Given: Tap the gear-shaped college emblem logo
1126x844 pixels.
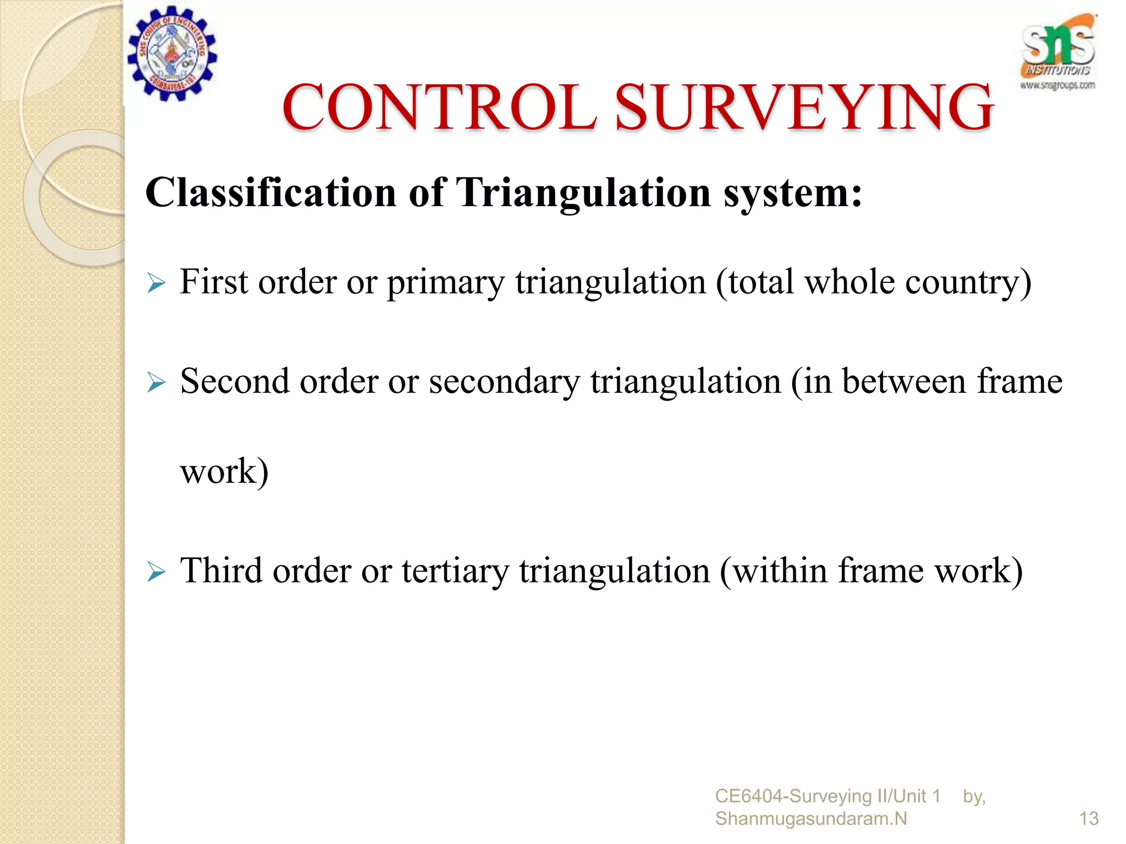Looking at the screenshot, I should click(x=172, y=53).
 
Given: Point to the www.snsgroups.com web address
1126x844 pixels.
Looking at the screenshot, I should click(x=1057, y=85).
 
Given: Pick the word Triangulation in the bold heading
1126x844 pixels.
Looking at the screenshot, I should click(x=584, y=193).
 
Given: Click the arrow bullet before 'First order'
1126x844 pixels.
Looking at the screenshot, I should click(x=156, y=284).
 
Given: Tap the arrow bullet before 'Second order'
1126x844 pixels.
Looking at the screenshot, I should click(x=156, y=383).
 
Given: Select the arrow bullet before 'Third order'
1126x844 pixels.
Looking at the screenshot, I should click(x=156, y=573).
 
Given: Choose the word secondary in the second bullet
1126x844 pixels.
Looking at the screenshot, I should click(x=504, y=382).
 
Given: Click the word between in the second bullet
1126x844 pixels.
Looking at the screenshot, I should click(x=903, y=382).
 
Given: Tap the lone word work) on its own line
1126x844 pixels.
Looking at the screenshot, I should click(x=224, y=472).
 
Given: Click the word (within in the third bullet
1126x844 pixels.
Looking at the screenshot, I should click(x=774, y=571).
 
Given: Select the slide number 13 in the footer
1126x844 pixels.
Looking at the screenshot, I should click(x=1089, y=819).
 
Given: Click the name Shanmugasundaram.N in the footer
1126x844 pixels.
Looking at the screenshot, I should click(x=810, y=819).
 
